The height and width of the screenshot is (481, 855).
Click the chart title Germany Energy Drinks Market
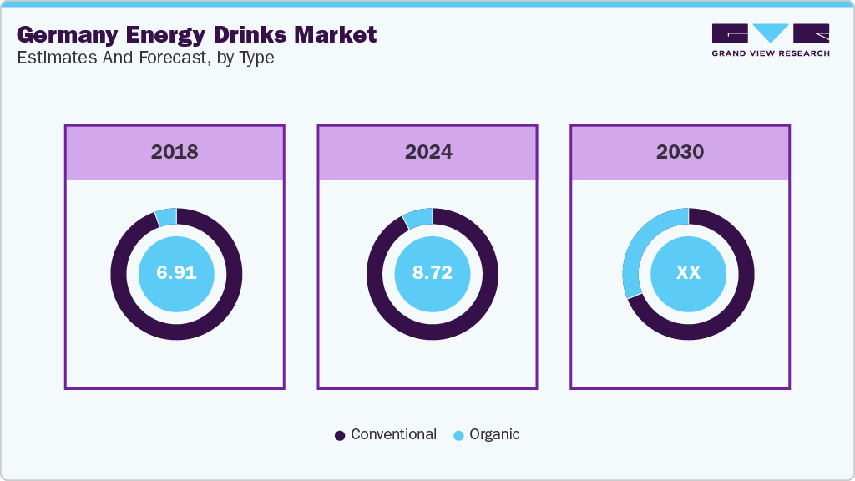click(x=196, y=34)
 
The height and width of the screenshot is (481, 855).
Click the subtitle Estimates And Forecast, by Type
click(x=145, y=58)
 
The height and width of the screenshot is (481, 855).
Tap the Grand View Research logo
click(x=770, y=40)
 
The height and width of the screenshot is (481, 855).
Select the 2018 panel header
click(x=175, y=152)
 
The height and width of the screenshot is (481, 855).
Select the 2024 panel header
click(x=428, y=152)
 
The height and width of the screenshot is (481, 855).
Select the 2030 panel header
click(x=680, y=152)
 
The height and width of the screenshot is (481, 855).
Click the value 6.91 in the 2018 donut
click(x=176, y=273)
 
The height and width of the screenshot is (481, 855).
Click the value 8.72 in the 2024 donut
click(x=432, y=273)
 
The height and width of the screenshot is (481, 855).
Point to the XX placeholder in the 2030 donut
click(x=688, y=273)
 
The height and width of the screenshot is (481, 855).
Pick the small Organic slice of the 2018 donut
click(x=167, y=216)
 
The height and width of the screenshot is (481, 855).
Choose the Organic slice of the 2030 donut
click(x=641, y=243)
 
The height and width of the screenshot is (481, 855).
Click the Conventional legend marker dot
click(x=340, y=435)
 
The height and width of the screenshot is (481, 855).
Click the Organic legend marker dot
click(x=458, y=435)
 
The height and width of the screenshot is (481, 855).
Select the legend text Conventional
click(x=393, y=434)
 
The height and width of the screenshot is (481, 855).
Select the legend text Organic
click(x=494, y=434)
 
